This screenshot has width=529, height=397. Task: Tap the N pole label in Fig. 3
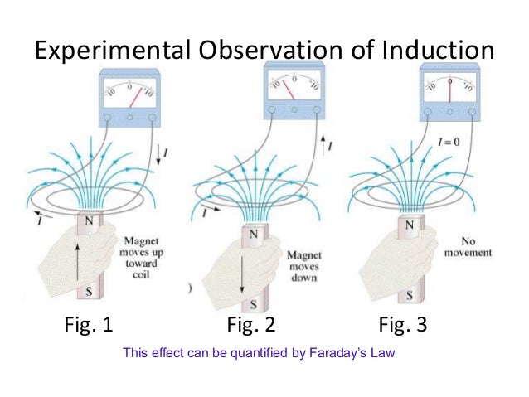click(410, 224)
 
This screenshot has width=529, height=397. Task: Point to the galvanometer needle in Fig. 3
click(449, 91)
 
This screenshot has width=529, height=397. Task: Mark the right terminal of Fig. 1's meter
click(153, 118)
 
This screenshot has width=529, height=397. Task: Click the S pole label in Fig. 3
click(409, 294)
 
